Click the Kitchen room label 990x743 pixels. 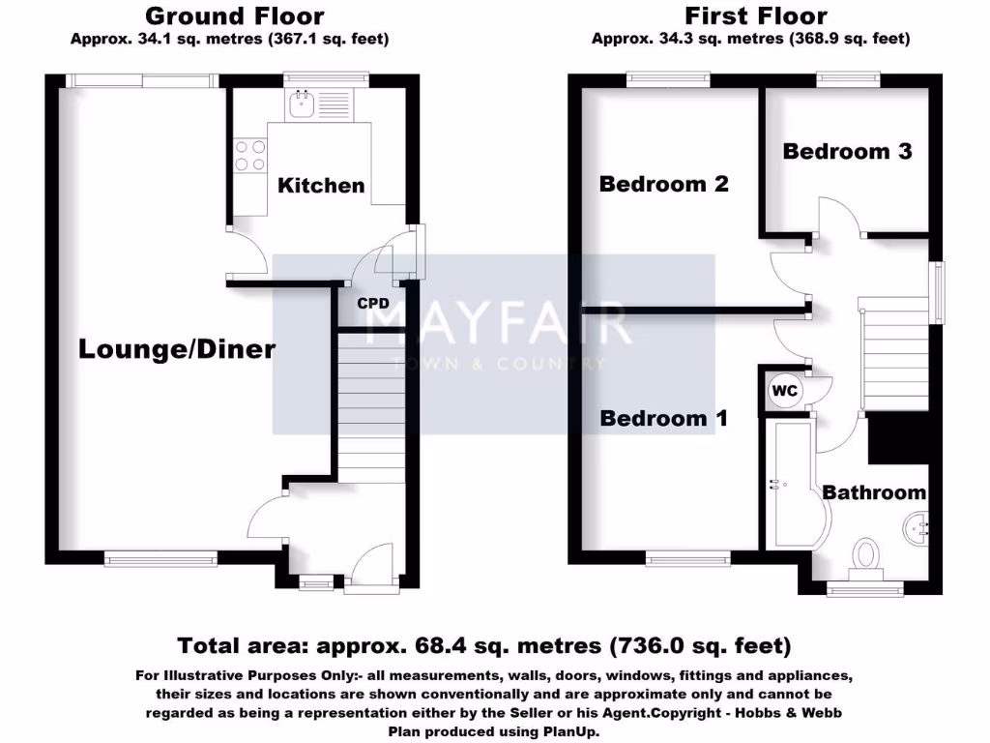coord(321,186)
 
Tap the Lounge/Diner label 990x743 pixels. coord(177,349)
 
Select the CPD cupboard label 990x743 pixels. coord(373,303)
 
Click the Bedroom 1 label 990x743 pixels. coord(664,418)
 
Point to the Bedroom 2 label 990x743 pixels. coord(663,184)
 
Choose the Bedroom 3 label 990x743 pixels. coord(847,151)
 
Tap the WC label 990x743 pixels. coord(784,390)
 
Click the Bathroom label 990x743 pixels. coord(873,492)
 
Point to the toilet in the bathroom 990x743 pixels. coord(866,556)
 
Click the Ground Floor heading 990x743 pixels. coord(234,16)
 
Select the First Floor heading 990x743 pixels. coord(756,16)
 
